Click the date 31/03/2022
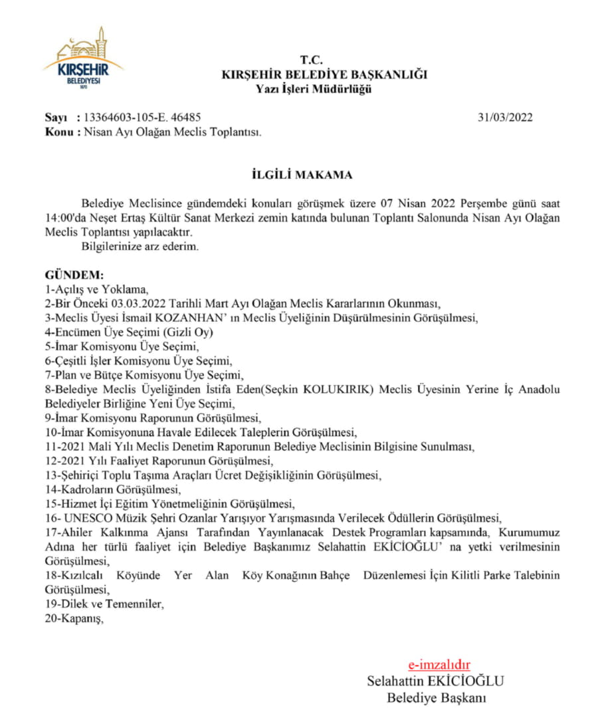505,118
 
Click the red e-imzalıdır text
439,665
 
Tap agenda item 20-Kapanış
74,619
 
